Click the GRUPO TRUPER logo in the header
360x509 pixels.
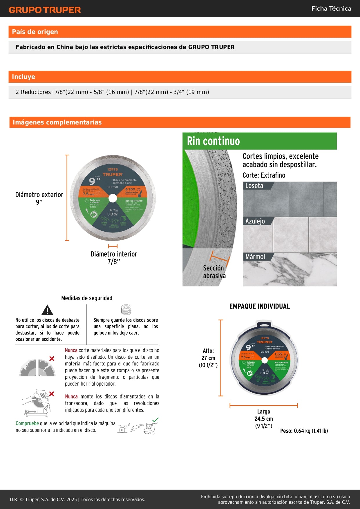click(x=45, y=10)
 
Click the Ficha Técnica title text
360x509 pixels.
click(x=331, y=8)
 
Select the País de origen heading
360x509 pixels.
click(x=35, y=32)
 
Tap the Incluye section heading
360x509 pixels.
click(x=23, y=77)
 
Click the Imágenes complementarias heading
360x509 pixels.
click(x=57, y=122)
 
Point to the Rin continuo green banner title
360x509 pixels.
click(x=213, y=141)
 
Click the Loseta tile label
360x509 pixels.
click(x=254, y=186)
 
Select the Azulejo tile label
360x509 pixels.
click(x=255, y=221)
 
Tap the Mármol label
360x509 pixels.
click(x=255, y=257)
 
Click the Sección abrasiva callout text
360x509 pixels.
click(x=214, y=272)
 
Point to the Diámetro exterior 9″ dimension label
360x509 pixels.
click(x=39, y=198)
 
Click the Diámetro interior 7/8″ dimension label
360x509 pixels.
click(x=114, y=258)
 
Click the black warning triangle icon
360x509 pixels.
click(x=47, y=310)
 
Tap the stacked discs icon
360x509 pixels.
click(x=126, y=310)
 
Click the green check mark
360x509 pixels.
click(x=155, y=420)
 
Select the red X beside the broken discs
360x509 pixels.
click(x=52, y=359)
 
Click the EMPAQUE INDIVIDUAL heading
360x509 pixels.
click(x=259, y=306)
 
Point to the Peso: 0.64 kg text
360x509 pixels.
click(x=304, y=431)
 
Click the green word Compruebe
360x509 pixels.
click(x=27, y=423)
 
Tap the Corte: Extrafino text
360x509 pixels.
click(x=264, y=175)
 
